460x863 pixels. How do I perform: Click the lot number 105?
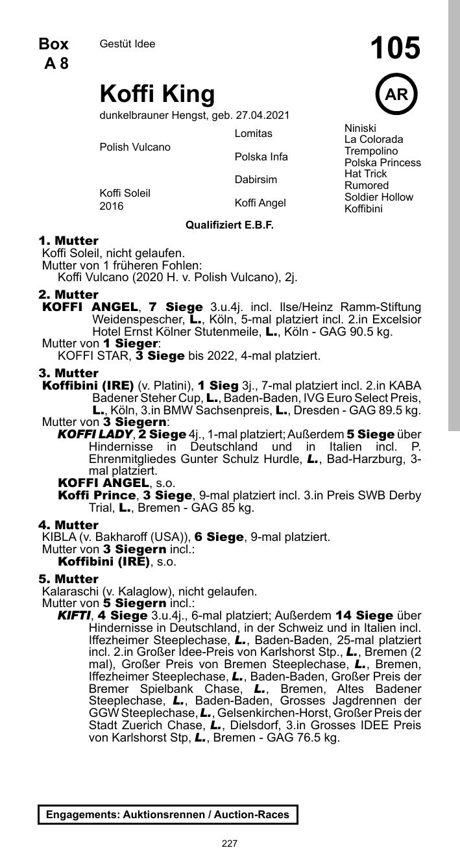pyautogui.click(x=395, y=49)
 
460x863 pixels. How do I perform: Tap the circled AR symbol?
pyautogui.click(x=396, y=95)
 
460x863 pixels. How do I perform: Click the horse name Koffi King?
pyautogui.click(x=157, y=94)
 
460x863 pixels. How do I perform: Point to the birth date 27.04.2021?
pyautogui.click(x=262, y=116)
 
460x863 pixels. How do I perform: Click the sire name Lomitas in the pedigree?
pyautogui.click(x=254, y=134)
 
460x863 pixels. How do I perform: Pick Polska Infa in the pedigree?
pyautogui.click(x=261, y=157)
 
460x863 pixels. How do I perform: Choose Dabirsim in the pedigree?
pyautogui.click(x=256, y=180)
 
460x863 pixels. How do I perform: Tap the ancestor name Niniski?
pyautogui.click(x=360, y=129)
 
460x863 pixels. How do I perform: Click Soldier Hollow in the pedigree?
pyautogui.click(x=379, y=197)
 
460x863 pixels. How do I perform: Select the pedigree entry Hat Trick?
pyautogui.click(x=365, y=174)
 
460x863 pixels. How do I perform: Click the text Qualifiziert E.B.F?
pyautogui.click(x=230, y=225)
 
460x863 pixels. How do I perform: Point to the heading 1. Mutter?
pyautogui.click(x=69, y=241)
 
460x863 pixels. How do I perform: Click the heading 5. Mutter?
pyautogui.click(x=69, y=579)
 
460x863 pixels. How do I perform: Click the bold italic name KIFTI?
pyautogui.click(x=74, y=616)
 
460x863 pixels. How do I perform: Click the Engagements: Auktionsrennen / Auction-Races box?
pyautogui.click(x=168, y=814)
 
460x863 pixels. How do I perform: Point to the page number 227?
pyautogui.click(x=230, y=844)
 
